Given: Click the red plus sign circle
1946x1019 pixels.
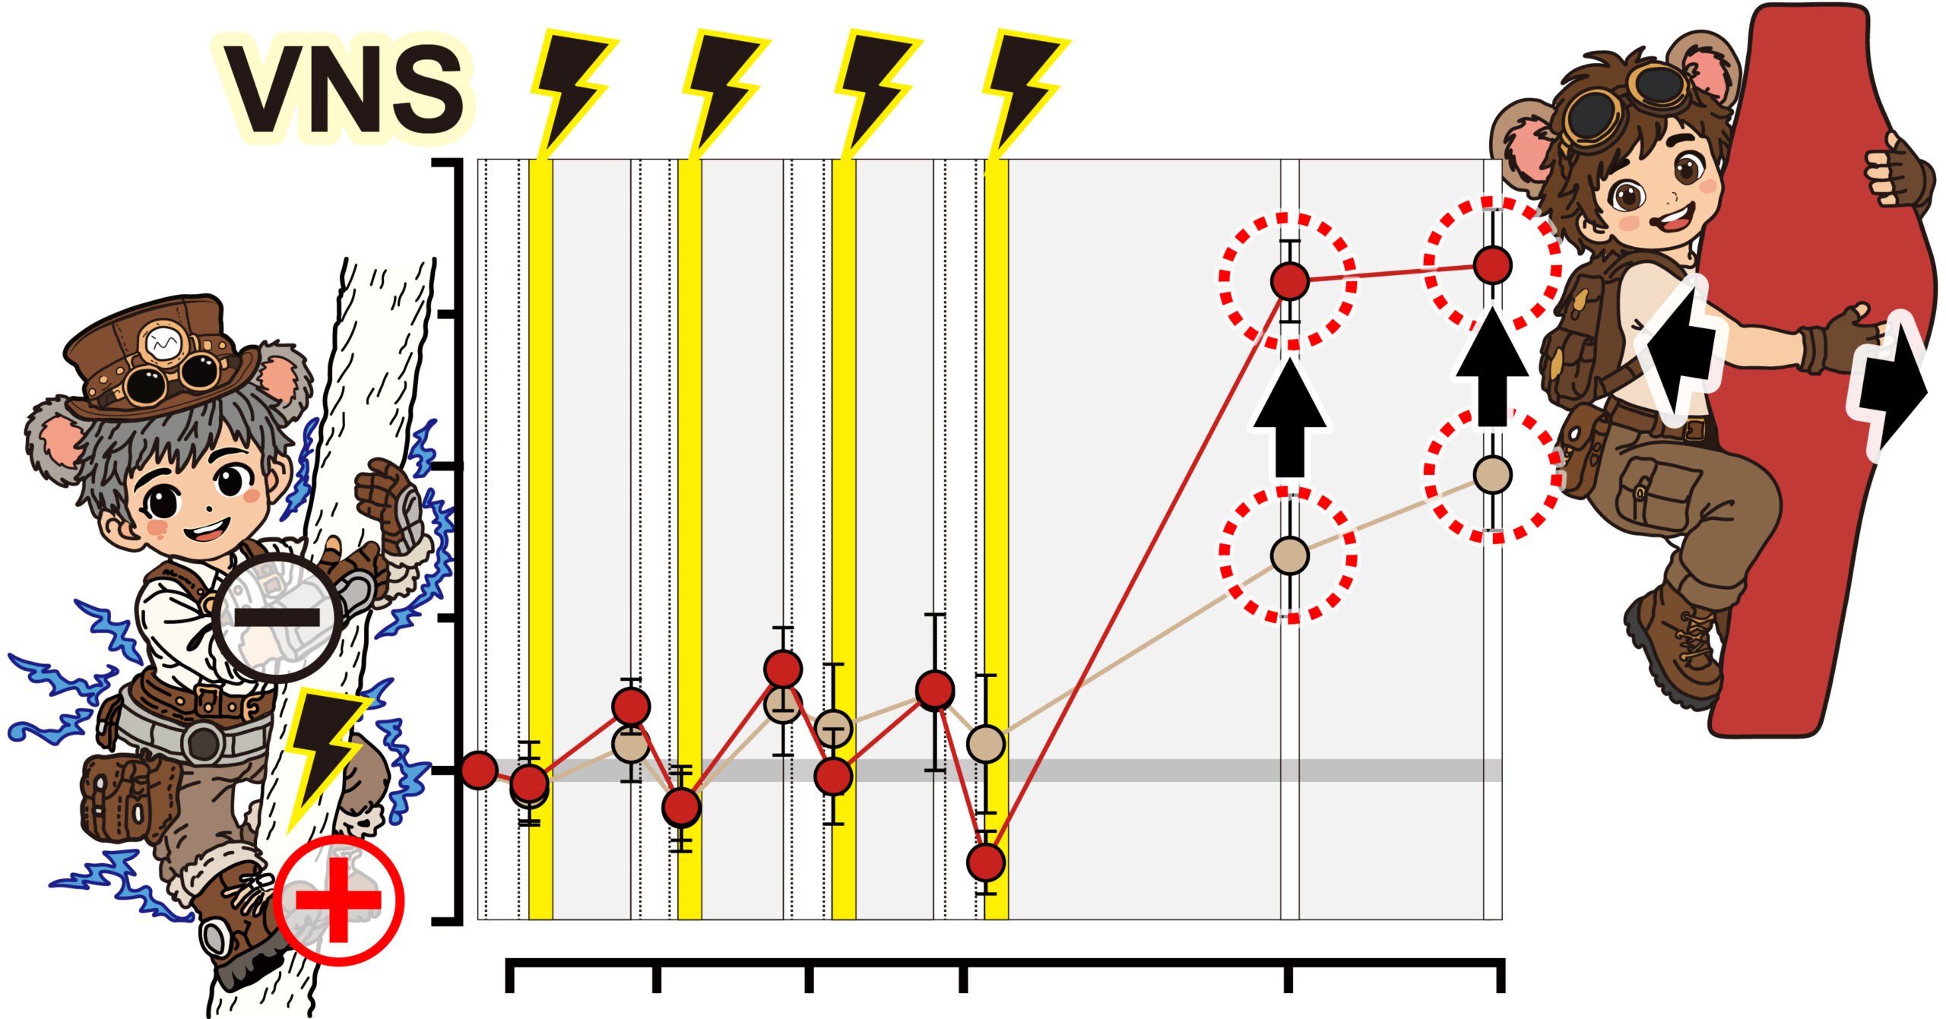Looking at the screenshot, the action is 338,900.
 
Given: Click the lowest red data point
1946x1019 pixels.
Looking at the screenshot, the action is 986,862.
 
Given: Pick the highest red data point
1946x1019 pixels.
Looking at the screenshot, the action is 1493,265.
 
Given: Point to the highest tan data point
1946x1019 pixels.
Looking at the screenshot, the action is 1493,474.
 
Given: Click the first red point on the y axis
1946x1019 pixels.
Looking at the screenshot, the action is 479,771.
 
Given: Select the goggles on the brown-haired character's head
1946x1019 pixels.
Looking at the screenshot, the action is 1627,106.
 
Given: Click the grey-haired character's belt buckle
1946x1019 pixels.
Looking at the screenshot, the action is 204,742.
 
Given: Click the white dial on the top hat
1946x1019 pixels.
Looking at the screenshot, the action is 162,344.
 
